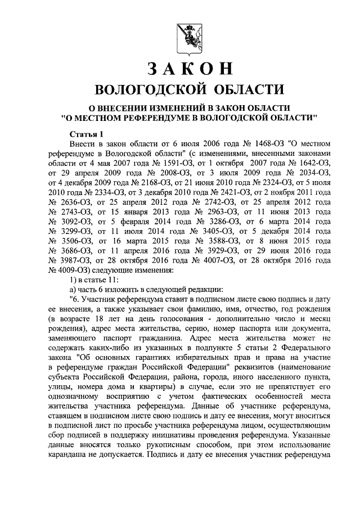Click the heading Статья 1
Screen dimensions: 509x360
[87, 134]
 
